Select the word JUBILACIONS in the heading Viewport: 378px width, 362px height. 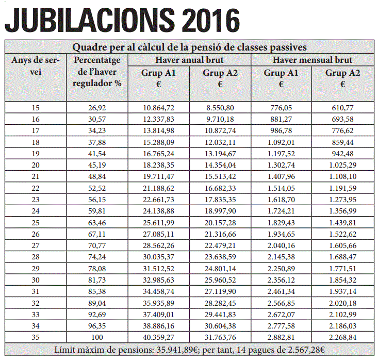tap(90, 20)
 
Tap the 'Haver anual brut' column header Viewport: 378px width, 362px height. tap(189, 60)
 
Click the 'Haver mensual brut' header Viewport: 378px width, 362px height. tap(313, 60)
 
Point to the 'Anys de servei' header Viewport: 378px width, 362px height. tap(36, 66)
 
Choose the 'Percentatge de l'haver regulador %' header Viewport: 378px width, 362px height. tap(97, 72)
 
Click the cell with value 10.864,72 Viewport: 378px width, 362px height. tap(158, 107)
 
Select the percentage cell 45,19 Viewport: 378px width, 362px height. tap(97, 165)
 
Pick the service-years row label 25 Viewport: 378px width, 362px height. tap(36, 222)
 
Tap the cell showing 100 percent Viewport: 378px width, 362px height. tap(97, 337)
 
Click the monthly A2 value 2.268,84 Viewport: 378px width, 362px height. tap(342, 337)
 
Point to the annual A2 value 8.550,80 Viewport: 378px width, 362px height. tap(220, 107)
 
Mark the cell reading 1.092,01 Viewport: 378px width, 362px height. tap(281, 142)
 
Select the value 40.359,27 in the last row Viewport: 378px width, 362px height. tap(158, 337)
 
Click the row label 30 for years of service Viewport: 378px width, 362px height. tap(36, 280)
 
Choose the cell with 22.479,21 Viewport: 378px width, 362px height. tap(220, 245)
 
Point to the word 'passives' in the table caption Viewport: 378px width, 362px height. tap(288, 47)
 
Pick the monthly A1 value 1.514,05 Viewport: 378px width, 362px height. tap(281, 188)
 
